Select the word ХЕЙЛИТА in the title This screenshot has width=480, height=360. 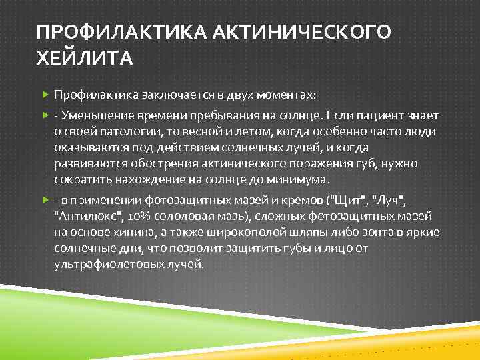(x=85, y=60)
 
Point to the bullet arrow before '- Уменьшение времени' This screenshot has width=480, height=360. (x=45, y=117)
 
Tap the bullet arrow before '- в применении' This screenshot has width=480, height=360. (x=45, y=201)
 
